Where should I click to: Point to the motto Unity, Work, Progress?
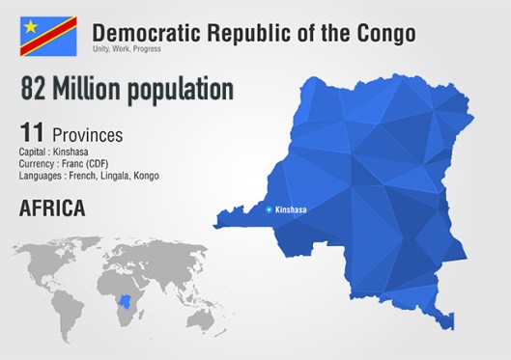(x=128, y=48)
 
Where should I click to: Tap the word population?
(x=184, y=90)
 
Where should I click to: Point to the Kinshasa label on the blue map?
(x=293, y=209)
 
